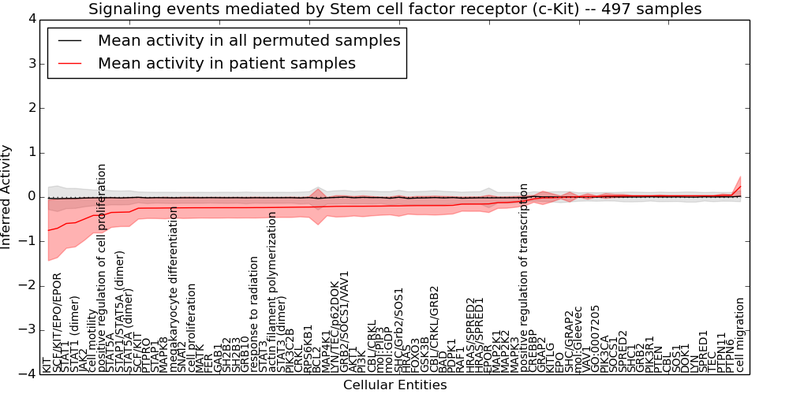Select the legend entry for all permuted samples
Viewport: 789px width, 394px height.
[249, 41]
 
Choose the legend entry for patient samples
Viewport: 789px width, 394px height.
[226, 64]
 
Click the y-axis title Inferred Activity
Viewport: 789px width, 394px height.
[7, 196]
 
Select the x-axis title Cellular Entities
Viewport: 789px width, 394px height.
[394, 385]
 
